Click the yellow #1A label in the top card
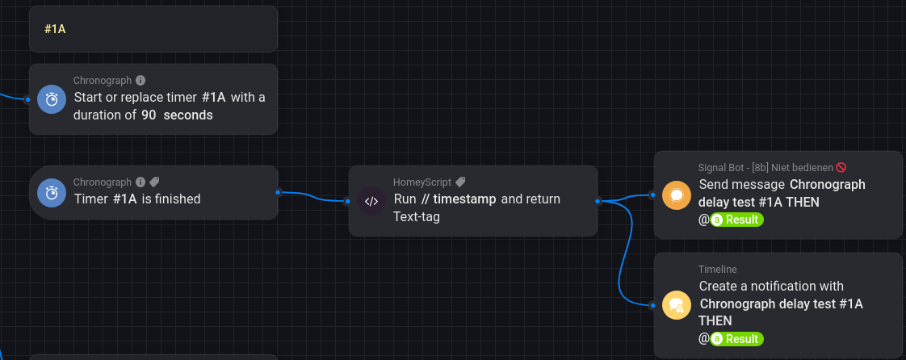55,29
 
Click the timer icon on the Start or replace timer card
52,99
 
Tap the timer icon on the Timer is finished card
52,193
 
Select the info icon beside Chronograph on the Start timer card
141,81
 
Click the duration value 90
149,115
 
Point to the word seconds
188,115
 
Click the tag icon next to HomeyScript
460,182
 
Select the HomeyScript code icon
371,201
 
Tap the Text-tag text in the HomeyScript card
417,216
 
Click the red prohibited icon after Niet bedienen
841,168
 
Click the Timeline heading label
718,269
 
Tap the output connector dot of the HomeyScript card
598,201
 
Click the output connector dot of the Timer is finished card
278,192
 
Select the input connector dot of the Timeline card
653,305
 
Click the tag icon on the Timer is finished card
154,182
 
